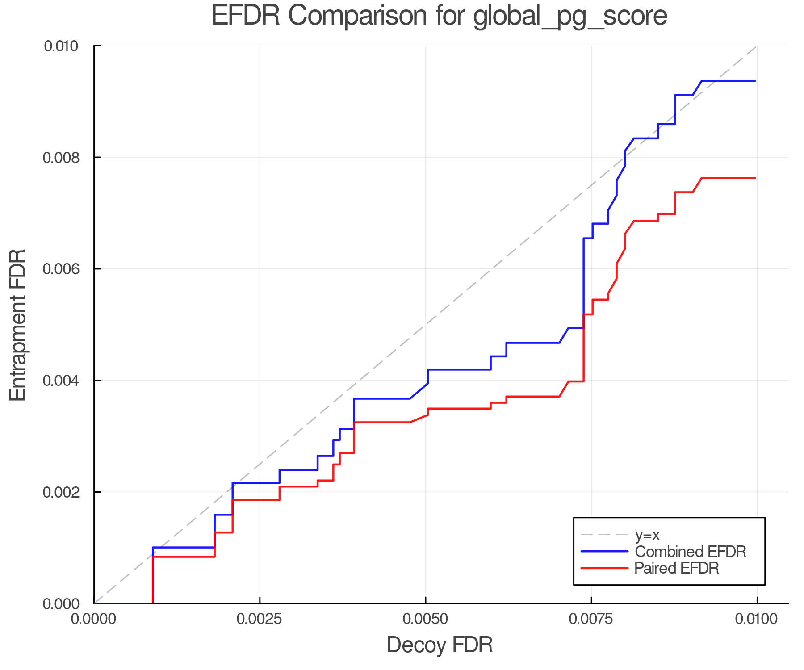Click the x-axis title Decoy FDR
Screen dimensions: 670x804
[x=440, y=645]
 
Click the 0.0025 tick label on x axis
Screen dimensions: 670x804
[x=260, y=619]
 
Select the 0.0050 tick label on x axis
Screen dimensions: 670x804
[x=425, y=619]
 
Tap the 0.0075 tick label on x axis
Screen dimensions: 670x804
[x=591, y=619]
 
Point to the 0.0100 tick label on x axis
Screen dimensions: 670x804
[x=757, y=619]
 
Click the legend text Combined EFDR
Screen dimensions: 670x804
[x=690, y=552]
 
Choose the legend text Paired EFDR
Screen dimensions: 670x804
[x=677, y=568]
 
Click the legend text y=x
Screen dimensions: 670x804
[x=647, y=535]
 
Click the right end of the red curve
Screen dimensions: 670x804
[x=755, y=178]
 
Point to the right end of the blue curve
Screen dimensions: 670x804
[x=755, y=81]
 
